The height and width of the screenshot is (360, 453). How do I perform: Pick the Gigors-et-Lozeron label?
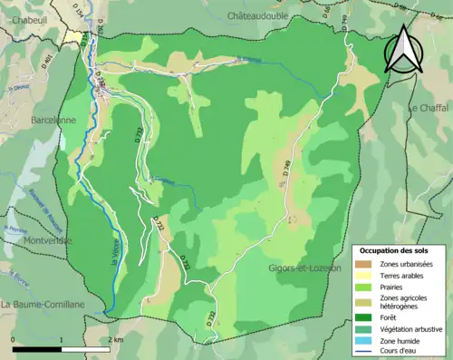pos(304,268)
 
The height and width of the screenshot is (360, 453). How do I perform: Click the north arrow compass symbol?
pos(404,49)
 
